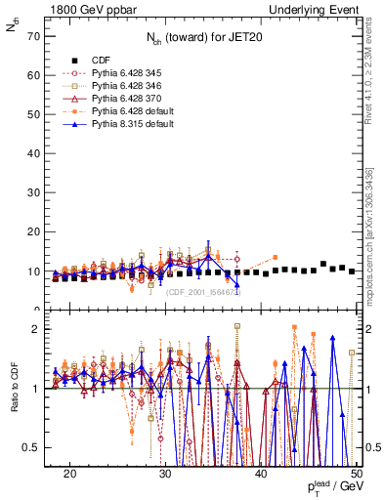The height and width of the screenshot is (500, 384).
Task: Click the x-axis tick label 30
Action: (x=165, y=474)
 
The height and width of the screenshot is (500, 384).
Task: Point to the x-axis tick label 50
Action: (x=357, y=474)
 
